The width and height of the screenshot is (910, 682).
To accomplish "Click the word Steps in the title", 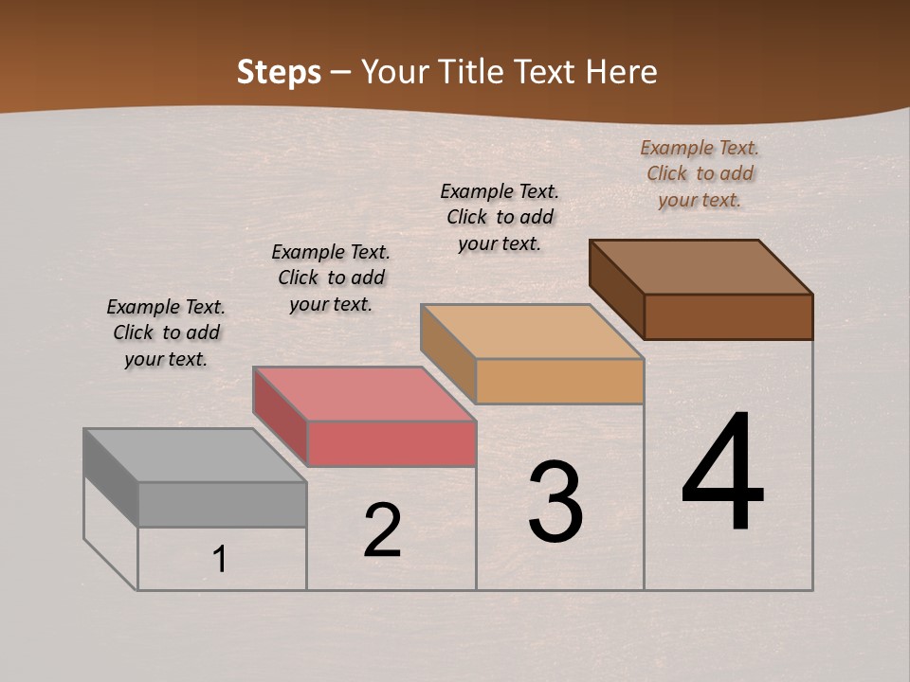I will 279,72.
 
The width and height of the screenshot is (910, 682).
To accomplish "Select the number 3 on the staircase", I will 555,502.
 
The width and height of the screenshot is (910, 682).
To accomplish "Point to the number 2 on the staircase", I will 382,530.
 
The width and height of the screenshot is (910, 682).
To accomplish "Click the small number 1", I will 220,559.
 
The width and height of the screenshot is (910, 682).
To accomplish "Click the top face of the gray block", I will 194,456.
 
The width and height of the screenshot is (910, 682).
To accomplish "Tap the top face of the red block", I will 364,394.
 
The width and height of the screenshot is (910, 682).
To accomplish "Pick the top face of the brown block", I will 701,267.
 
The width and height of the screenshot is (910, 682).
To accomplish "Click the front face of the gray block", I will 222,504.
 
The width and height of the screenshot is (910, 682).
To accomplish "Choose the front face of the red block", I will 391,443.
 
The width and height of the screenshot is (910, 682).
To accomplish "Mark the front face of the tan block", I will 559,381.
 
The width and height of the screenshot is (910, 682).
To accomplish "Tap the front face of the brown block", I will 728,316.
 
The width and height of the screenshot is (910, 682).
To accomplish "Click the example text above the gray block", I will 166,332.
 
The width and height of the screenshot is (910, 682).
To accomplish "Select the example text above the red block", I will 331,278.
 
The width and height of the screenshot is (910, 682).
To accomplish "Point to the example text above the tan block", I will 500,217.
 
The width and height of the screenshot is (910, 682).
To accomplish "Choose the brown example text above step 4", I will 700,173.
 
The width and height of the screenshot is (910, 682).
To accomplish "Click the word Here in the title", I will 621,72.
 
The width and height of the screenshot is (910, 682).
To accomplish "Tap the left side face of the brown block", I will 617,288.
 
